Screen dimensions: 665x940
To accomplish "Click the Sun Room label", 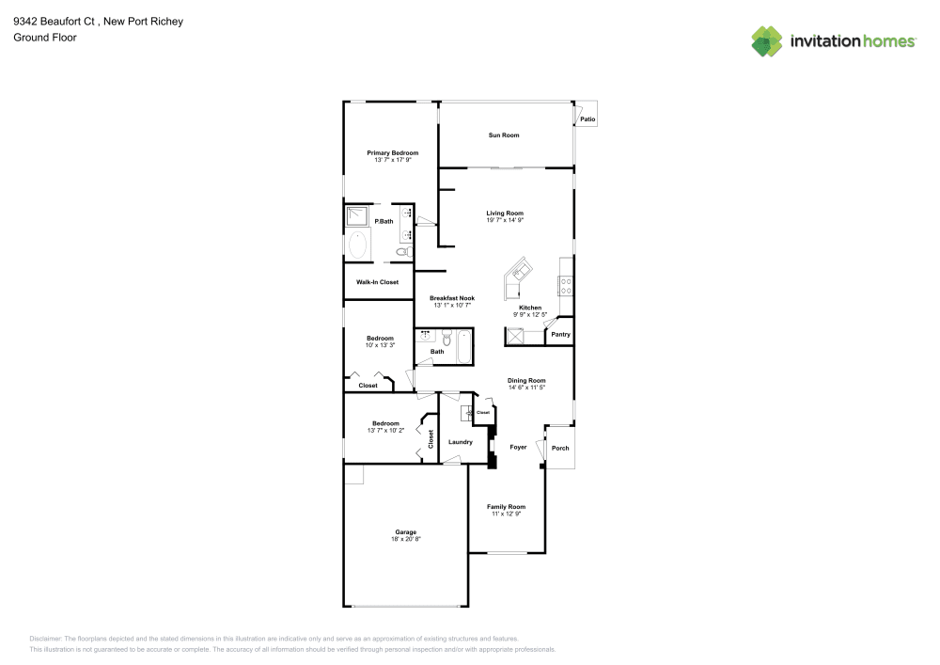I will coord(504,135).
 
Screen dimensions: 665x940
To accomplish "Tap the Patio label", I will coord(587,119).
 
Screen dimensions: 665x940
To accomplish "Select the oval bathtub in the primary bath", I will coord(358,246).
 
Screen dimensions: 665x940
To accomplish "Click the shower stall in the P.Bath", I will coord(357,216).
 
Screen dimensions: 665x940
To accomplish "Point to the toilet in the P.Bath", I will coord(402,252).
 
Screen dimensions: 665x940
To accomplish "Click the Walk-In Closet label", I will coord(377,282).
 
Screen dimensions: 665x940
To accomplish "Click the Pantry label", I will coord(560,334).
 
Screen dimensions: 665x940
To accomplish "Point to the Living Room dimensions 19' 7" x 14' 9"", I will coord(505,221).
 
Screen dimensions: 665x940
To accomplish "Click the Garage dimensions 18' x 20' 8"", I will coord(405,539).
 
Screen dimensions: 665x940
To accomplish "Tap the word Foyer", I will coord(518,448).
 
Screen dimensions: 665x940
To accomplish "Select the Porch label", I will coord(560,448).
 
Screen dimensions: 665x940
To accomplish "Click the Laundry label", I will coord(461,442).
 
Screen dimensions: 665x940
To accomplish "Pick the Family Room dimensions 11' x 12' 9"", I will coord(506,515).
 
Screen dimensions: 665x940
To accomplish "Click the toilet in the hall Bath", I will coord(447,337).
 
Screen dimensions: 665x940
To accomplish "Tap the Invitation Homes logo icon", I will coord(767,40).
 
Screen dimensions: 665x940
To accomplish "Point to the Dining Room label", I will coord(526,380).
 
